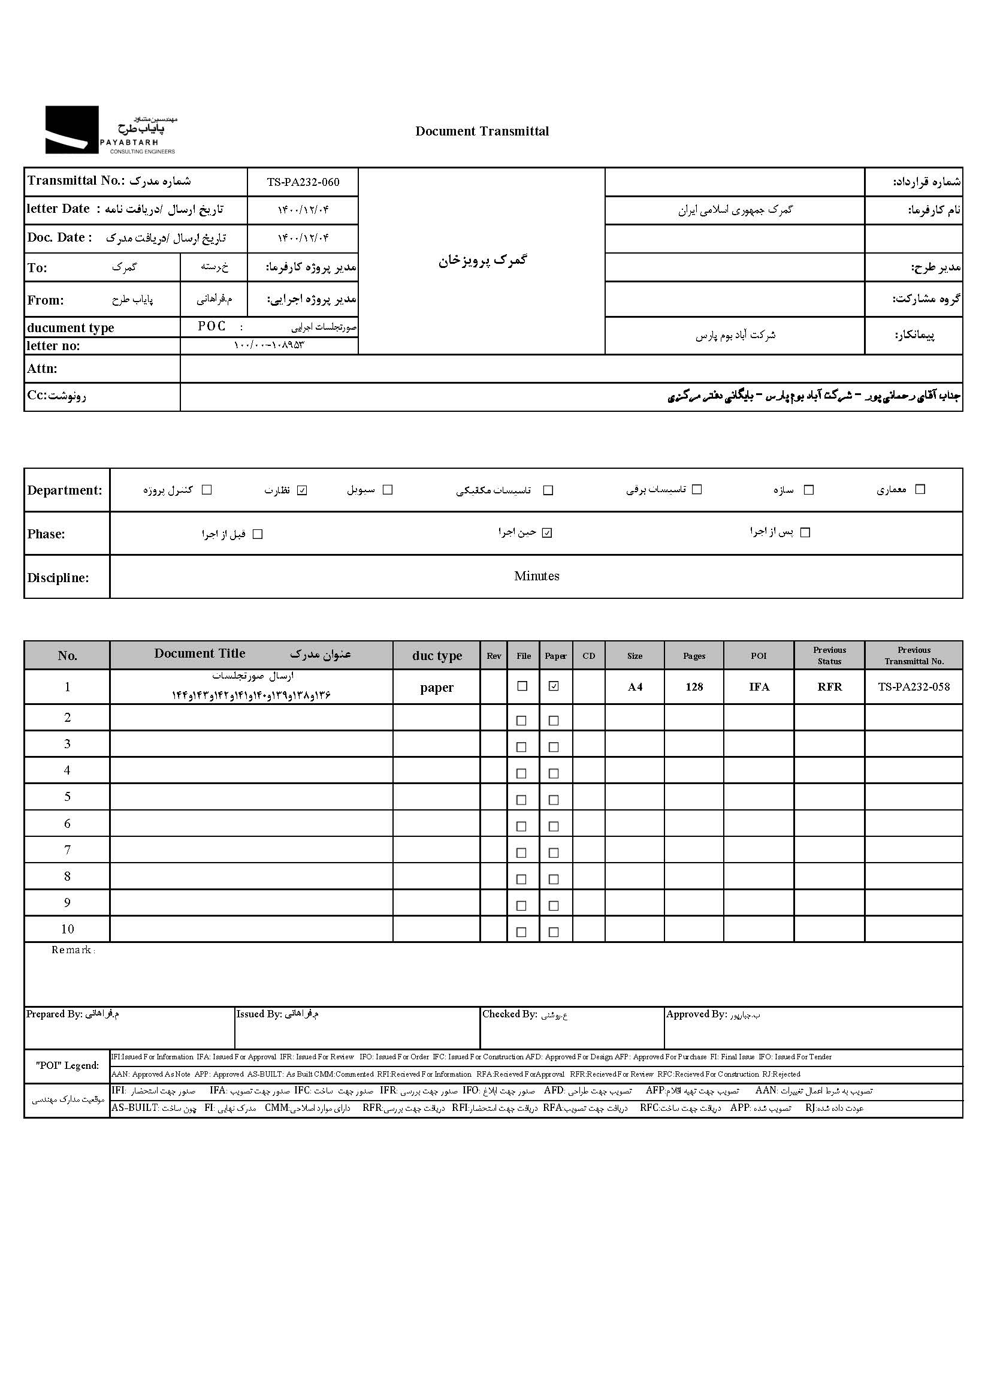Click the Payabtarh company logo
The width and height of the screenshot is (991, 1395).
110,130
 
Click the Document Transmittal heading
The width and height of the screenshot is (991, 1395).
482,131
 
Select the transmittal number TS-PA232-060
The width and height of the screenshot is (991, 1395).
303,182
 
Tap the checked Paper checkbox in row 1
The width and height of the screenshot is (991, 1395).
554,686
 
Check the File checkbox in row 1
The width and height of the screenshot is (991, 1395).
522,686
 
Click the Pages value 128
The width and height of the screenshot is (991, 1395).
694,687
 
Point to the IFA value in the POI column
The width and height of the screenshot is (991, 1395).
759,687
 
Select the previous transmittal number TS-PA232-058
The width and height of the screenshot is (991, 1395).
914,687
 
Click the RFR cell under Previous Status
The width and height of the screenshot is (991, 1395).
829,687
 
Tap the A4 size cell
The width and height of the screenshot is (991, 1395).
635,687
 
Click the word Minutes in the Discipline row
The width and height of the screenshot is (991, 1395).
536,576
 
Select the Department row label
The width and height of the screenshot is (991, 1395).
65,490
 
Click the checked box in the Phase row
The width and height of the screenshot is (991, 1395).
548,533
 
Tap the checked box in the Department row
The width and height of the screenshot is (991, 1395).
302,490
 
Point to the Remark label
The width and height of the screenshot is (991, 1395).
72,950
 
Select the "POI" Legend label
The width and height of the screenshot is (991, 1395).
67,1065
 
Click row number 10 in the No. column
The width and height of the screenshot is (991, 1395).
67,929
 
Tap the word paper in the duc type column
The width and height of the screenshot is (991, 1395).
436,688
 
